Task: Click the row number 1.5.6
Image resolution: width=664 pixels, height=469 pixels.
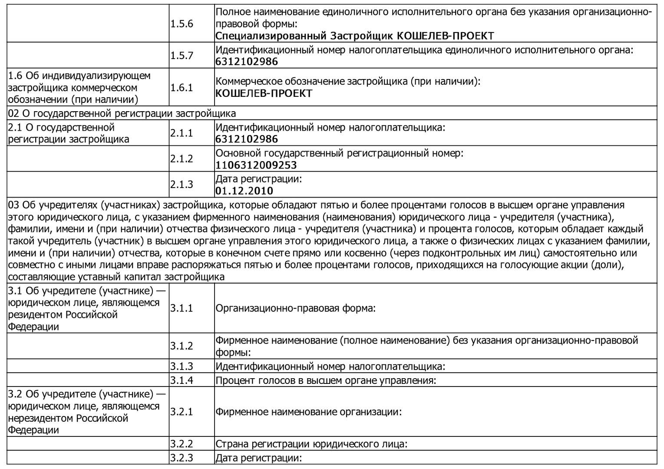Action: point(182,24)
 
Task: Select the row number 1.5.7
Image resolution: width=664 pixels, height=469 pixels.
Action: point(182,56)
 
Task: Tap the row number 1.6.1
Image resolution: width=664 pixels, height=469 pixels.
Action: point(182,88)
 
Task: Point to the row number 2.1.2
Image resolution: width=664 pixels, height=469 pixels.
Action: point(182,159)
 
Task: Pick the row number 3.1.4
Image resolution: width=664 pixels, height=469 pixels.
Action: point(182,380)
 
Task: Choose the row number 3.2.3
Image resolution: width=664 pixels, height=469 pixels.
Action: point(182,458)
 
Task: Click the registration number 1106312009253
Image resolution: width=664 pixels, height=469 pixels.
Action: point(256,165)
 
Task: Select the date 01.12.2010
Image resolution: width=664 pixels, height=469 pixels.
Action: point(244,191)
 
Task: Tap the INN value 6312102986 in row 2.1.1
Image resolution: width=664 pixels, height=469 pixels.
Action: point(247,139)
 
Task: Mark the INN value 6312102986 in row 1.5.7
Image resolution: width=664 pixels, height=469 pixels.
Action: point(247,62)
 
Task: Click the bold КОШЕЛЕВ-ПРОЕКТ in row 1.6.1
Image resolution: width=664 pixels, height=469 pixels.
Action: point(264,93)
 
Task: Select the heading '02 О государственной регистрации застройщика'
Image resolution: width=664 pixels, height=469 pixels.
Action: point(122,114)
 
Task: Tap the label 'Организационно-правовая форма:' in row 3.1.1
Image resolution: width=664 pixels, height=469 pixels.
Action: point(295,308)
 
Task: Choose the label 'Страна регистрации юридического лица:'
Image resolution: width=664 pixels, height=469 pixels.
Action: point(311,444)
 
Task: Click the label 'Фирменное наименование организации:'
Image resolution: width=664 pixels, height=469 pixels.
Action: point(308,412)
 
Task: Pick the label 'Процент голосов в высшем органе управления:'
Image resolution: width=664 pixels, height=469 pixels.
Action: point(326,380)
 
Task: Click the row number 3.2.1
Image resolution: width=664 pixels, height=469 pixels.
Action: point(182,412)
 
